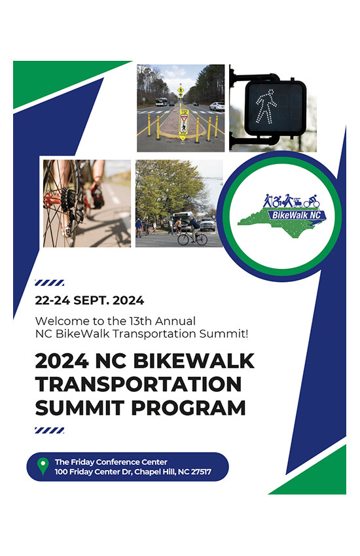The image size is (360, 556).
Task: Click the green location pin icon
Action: point(43,466)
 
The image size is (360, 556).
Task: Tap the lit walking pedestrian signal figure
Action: point(266,107)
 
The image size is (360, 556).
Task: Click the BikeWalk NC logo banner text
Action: point(296,215)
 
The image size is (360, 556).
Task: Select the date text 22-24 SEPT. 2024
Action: point(90,301)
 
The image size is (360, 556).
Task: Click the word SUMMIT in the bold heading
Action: point(80,408)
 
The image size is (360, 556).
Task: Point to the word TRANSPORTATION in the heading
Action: point(138,385)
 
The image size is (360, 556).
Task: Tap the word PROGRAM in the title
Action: point(189,408)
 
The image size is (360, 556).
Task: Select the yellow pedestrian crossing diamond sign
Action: point(181,90)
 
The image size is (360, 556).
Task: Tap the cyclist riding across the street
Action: point(193,231)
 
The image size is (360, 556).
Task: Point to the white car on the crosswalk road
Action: point(217,106)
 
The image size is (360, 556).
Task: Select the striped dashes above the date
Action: point(49,283)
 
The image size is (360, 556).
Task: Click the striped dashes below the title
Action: point(49,430)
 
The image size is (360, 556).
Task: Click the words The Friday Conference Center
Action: point(111,462)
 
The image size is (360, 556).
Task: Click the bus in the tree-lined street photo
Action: point(162,102)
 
